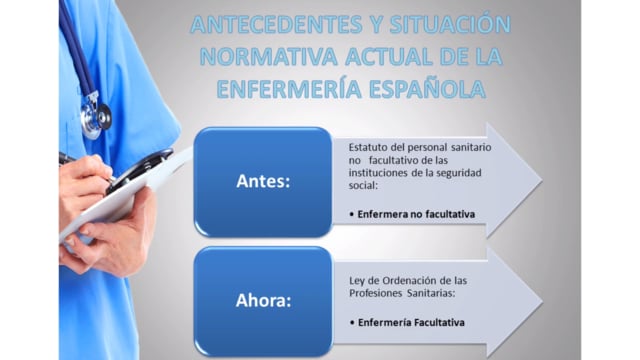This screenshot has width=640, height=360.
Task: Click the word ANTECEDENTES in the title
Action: click(276, 24)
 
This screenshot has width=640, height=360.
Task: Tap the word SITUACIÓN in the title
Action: click(450, 24)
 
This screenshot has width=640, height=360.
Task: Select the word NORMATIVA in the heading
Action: click(269, 56)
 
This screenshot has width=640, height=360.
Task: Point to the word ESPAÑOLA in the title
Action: click(427, 88)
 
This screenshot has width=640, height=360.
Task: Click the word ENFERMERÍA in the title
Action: click(289, 88)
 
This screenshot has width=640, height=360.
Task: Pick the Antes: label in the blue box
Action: click(263, 181)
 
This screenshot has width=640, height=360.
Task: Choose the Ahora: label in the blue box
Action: click(263, 300)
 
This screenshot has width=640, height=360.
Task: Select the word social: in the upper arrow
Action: click(363, 185)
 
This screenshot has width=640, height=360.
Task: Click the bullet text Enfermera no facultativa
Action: click(416, 214)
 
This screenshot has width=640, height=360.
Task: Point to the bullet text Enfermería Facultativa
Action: click(411, 322)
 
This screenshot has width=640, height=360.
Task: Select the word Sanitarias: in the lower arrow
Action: click(431, 293)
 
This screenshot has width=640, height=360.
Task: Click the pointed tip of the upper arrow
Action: click(542, 180)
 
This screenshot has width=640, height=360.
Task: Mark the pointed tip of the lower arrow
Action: click(542, 302)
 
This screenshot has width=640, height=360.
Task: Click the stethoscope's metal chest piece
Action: click(96, 119)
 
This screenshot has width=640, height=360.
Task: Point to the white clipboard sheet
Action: click(122, 196)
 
